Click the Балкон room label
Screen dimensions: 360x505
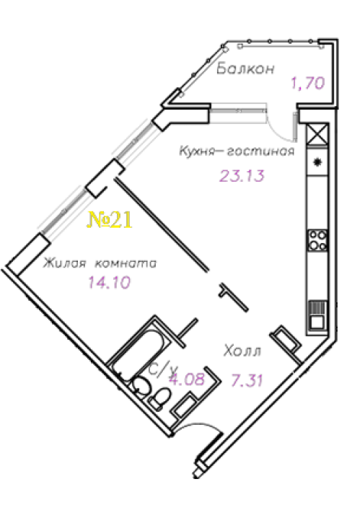[x=245, y=69]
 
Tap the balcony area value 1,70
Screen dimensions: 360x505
[x=307, y=83]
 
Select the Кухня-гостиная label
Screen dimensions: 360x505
[x=237, y=151]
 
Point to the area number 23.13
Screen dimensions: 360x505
[x=242, y=175]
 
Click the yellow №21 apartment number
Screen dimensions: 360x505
[x=110, y=220]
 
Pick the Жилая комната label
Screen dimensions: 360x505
[x=100, y=263]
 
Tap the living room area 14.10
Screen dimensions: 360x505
[x=109, y=283]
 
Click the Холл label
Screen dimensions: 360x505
[x=242, y=351]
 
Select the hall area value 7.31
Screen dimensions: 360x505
[x=247, y=380]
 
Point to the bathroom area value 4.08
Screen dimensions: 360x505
[x=187, y=379]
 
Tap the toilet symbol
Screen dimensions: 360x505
[x=160, y=398]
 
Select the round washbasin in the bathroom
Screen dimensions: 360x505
[x=141, y=385]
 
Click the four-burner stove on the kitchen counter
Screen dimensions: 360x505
[x=318, y=240]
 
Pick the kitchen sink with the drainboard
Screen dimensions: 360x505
[x=318, y=316]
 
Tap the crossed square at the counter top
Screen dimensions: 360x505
[x=318, y=134]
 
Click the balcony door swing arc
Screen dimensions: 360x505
[x=279, y=127]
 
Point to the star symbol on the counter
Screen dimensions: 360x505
[x=318, y=162]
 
